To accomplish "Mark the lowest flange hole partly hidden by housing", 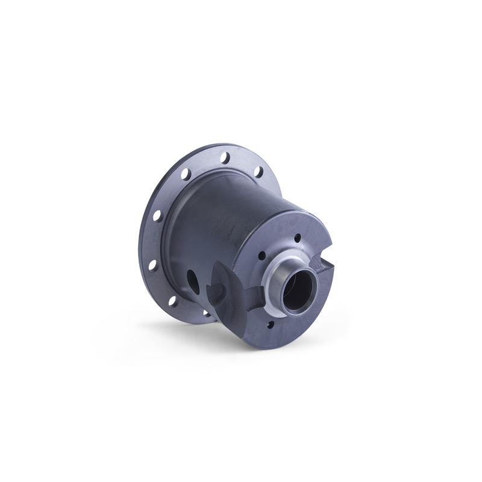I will tap(207, 313).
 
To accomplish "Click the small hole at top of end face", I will tap(296, 239).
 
